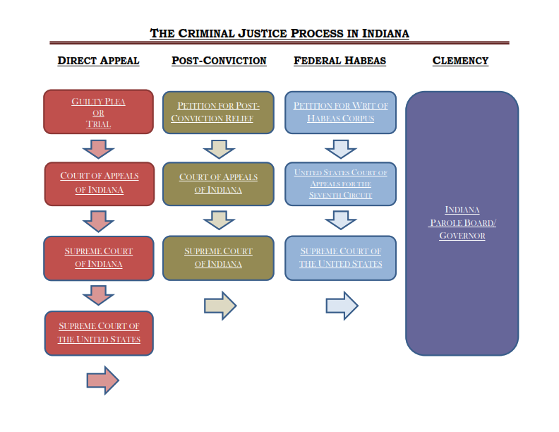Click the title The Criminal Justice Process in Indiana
click(x=279, y=33)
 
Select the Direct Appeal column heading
click(x=98, y=61)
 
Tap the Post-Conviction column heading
click(x=219, y=61)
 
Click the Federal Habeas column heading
click(x=339, y=61)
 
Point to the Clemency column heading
click(x=460, y=61)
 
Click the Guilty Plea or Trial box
click(x=98, y=112)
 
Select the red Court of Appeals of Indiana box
click(x=99, y=184)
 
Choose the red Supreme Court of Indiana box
click(x=99, y=258)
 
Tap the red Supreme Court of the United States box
click(x=99, y=332)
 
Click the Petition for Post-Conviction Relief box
click(x=218, y=112)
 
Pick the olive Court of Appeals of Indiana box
click(x=218, y=184)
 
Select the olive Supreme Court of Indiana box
click(x=218, y=258)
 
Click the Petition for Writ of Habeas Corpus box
click(x=340, y=112)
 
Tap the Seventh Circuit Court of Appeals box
click(x=340, y=184)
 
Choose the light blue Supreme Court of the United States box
click(x=340, y=258)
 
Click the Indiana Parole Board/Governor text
click(x=462, y=222)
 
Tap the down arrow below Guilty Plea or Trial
click(x=99, y=148)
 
